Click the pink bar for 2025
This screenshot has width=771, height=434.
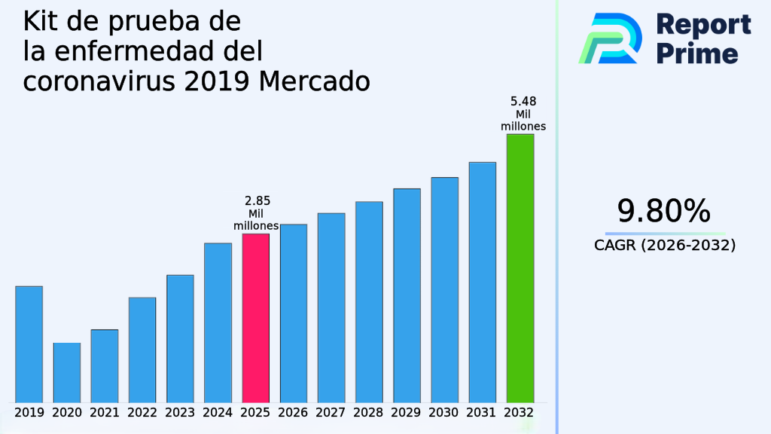pyautogui.click(x=255, y=317)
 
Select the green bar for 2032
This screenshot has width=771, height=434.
pyautogui.click(x=520, y=267)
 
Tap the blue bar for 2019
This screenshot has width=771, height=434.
pyautogui.click(x=29, y=344)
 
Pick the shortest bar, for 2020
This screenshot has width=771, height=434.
pyautogui.click(x=66, y=372)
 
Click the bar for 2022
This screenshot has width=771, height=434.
pyautogui.click(x=142, y=350)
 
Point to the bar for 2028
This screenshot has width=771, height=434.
pyautogui.click(x=369, y=301)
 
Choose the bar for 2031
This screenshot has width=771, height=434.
pyautogui.click(x=482, y=282)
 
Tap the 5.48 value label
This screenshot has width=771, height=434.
pyautogui.click(x=523, y=102)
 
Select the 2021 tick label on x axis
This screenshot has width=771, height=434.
pyautogui.click(x=105, y=413)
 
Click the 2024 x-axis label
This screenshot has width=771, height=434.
pyautogui.click(x=218, y=413)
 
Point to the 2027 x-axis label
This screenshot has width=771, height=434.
pyautogui.click(x=331, y=413)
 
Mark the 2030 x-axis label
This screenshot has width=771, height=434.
pyautogui.click(x=444, y=413)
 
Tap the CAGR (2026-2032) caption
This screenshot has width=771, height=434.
pyautogui.click(x=665, y=246)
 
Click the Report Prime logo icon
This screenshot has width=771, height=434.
pyautogui.click(x=610, y=38)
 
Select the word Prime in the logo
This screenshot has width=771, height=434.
pyautogui.click(x=697, y=53)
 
